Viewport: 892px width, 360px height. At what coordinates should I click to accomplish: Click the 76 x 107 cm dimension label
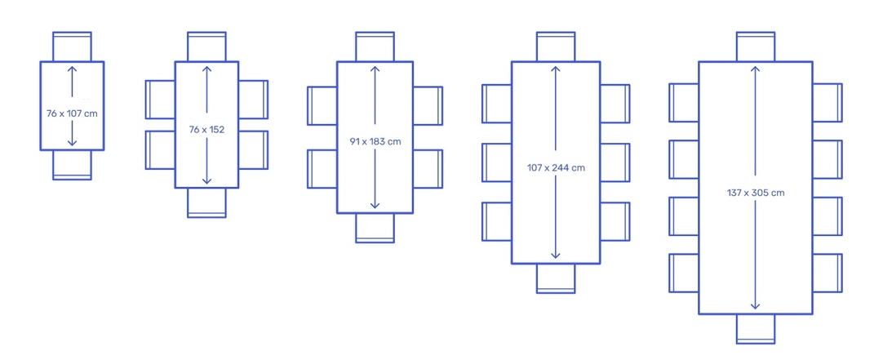point(72,113)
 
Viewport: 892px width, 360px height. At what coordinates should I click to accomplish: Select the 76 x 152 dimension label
point(206,129)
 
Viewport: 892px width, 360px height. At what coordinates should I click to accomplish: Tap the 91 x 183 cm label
point(375,141)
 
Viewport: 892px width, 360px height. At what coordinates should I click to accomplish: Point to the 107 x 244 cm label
point(556,168)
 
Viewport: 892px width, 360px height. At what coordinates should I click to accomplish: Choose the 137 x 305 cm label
point(756,193)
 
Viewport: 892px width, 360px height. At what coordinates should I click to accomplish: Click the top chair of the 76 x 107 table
point(72,46)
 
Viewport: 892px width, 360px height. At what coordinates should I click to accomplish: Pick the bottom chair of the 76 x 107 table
point(72,165)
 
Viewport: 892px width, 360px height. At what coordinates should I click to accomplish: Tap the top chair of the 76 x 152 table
point(206,46)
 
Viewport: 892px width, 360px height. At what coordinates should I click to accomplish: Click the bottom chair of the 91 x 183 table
point(375,228)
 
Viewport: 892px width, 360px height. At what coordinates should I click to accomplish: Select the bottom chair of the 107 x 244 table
point(556,278)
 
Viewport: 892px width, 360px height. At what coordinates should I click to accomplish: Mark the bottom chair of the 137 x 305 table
point(756,329)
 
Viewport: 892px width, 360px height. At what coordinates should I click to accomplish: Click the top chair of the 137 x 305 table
point(756,46)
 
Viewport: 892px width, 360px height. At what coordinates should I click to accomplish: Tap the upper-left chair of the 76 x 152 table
point(161,100)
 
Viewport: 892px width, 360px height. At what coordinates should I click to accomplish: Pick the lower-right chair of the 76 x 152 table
point(253,150)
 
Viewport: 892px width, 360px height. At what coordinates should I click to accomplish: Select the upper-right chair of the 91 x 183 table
point(428,106)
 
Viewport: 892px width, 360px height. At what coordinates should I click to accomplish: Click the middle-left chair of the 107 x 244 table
point(497,162)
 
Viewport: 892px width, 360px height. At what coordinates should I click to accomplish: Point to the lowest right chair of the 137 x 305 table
point(828,273)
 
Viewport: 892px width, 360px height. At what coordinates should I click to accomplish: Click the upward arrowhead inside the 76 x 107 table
point(72,69)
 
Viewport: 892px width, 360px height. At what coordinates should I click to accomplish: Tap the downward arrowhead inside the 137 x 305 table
point(756,305)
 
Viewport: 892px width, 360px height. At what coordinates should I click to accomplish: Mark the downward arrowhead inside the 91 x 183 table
point(375,205)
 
